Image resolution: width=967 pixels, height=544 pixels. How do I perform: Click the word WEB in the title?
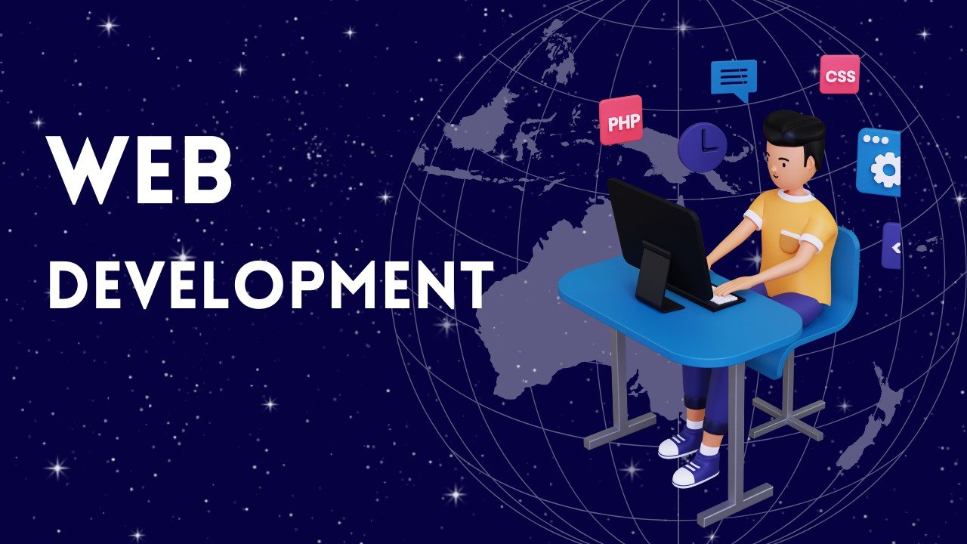(140, 171)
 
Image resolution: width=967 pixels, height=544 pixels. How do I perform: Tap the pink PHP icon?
(620, 120)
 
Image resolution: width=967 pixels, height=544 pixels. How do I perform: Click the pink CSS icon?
(839, 75)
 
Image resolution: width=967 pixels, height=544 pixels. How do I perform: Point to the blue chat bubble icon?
(733, 78)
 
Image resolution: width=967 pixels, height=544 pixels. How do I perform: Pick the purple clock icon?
(702, 147)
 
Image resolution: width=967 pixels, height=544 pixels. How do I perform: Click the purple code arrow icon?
(892, 246)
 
